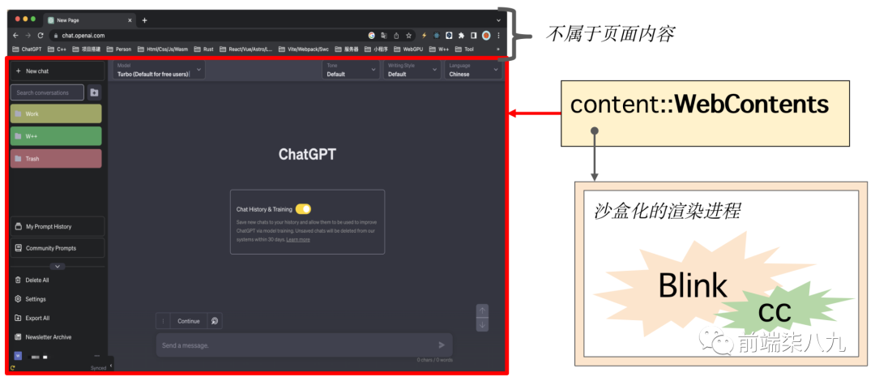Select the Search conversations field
click(x=47, y=92)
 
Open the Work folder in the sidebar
click(x=56, y=113)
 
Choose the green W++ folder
click(x=56, y=136)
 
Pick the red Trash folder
click(x=56, y=159)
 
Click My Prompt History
click(x=57, y=226)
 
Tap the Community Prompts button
click(x=57, y=248)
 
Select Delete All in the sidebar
click(x=37, y=280)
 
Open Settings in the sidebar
click(x=36, y=299)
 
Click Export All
click(x=37, y=318)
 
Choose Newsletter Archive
click(x=49, y=337)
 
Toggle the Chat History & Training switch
click(x=303, y=209)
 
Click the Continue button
click(x=189, y=321)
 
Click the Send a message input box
click(x=296, y=345)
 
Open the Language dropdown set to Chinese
click(x=474, y=71)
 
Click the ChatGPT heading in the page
click(x=307, y=154)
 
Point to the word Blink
click(x=692, y=285)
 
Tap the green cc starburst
click(x=774, y=312)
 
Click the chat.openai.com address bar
click(x=203, y=36)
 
